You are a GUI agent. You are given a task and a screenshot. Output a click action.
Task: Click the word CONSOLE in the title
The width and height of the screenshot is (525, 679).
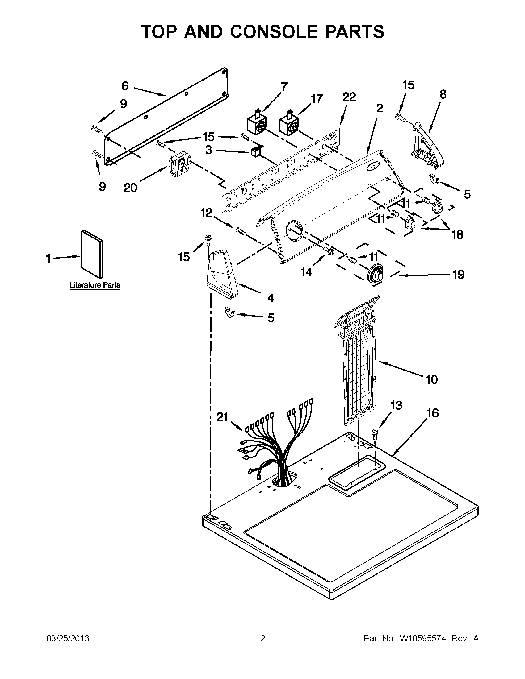[x=274, y=32]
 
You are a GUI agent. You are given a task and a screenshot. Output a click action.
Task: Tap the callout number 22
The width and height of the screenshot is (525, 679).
[x=349, y=97]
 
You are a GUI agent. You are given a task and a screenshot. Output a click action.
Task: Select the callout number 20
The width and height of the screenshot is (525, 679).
[x=130, y=188]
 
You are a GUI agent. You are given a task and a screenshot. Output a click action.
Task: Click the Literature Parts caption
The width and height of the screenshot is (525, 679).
[x=94, y=285]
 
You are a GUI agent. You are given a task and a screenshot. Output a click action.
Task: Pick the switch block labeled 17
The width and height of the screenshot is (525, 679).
[x=289, y=125]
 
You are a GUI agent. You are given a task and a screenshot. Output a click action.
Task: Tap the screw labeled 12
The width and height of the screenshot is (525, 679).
[x=241, y=231]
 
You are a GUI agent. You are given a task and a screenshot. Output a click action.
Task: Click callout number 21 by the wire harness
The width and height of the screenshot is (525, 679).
[x=222, y=417]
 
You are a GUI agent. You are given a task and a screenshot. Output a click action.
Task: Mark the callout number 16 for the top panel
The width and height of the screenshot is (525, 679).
[x=433, y=413]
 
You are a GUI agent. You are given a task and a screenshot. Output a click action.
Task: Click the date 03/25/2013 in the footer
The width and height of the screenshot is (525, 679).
[x=68, y=639]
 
